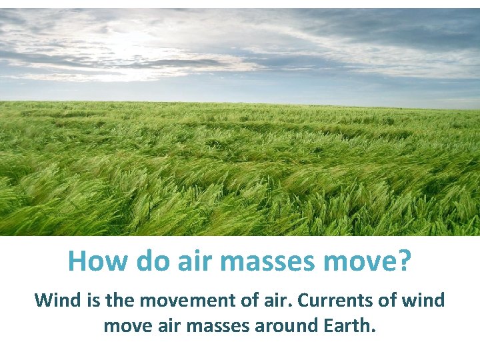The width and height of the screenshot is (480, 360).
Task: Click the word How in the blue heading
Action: pos(99,261)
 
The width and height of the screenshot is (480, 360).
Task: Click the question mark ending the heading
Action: pos(404,261)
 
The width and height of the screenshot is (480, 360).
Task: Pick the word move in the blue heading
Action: pos(360,261)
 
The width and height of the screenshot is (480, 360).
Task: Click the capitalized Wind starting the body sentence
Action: pos(57,300)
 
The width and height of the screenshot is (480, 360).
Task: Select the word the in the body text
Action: pos(120,300)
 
